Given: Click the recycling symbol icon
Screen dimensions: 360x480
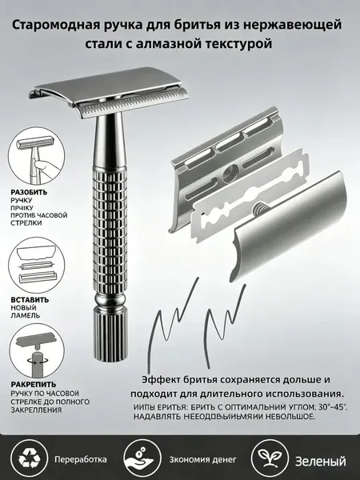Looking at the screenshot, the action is coord(29,459).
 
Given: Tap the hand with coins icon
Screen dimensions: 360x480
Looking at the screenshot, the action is coord(142,459).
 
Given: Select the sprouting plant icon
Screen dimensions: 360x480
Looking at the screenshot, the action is coord(270,458).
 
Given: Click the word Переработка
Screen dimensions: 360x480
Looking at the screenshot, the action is coord(81,459).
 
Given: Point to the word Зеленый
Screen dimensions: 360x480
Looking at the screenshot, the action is coord(321,461).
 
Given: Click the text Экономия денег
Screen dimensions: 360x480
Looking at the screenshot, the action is coord(202,459).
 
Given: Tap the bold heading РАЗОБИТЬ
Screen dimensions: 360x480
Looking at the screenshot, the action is coord(29,192).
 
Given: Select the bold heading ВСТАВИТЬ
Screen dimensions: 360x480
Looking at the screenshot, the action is coord(30,300).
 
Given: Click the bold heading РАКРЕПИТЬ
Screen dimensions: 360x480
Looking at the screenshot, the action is coord(34,384).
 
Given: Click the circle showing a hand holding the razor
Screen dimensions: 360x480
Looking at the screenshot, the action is coord(37,156).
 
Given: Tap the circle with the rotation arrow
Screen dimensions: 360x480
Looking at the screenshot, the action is coord(37,352).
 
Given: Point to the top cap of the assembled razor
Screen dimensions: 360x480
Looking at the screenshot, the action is coord(108,86).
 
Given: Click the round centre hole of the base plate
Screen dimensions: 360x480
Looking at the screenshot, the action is coord(230,173).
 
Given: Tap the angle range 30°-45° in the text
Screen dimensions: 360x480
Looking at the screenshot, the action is coord(333,408).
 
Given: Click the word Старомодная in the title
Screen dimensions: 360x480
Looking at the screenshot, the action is coord(56,25).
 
